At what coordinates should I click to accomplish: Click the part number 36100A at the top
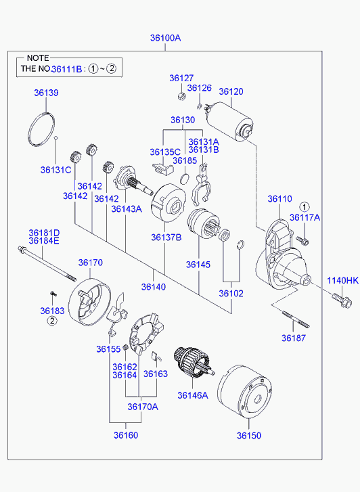pos(165,38)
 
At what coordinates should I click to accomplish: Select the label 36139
pos(46,93)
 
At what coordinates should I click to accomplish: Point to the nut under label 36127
pos(181,96)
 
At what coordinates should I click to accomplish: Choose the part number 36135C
pos(165,152)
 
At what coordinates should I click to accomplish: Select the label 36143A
pos(127,208)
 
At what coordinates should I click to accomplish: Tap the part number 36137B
pos(166,238)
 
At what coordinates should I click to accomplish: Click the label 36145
pos(198,265)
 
